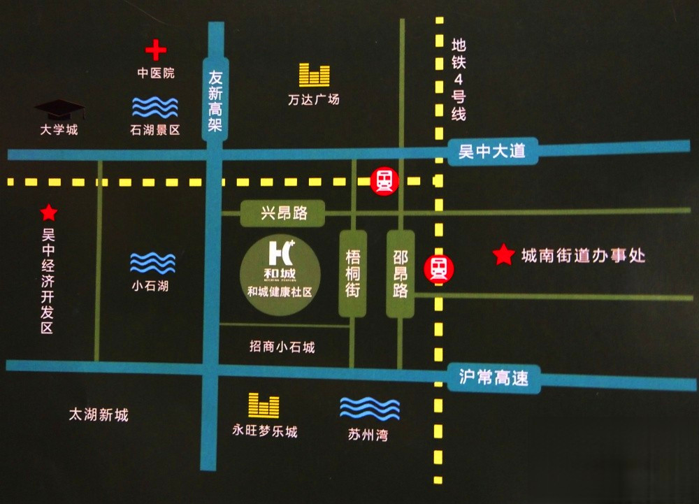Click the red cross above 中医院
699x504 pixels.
click(156, 50)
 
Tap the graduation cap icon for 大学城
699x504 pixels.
click(59, 109)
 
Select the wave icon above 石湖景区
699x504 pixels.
click(155, 107)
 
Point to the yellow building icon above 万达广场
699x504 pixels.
click(314, 75)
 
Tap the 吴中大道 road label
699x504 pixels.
click(491, 151)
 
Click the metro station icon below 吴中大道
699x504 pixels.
click(384, 181)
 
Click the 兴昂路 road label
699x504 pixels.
click(284, 213)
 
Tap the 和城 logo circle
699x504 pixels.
click(280, 270)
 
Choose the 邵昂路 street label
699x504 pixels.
click(401, 274)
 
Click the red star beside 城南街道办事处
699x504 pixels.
click(503, 255)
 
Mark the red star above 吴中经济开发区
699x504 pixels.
click(48, 212)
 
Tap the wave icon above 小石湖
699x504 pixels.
click(152, 263)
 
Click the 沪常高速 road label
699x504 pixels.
click(493, 379)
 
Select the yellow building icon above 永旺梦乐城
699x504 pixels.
click(264, 405)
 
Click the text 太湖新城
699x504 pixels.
click(99, 415)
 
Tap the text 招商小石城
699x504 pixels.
click(282, 347)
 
